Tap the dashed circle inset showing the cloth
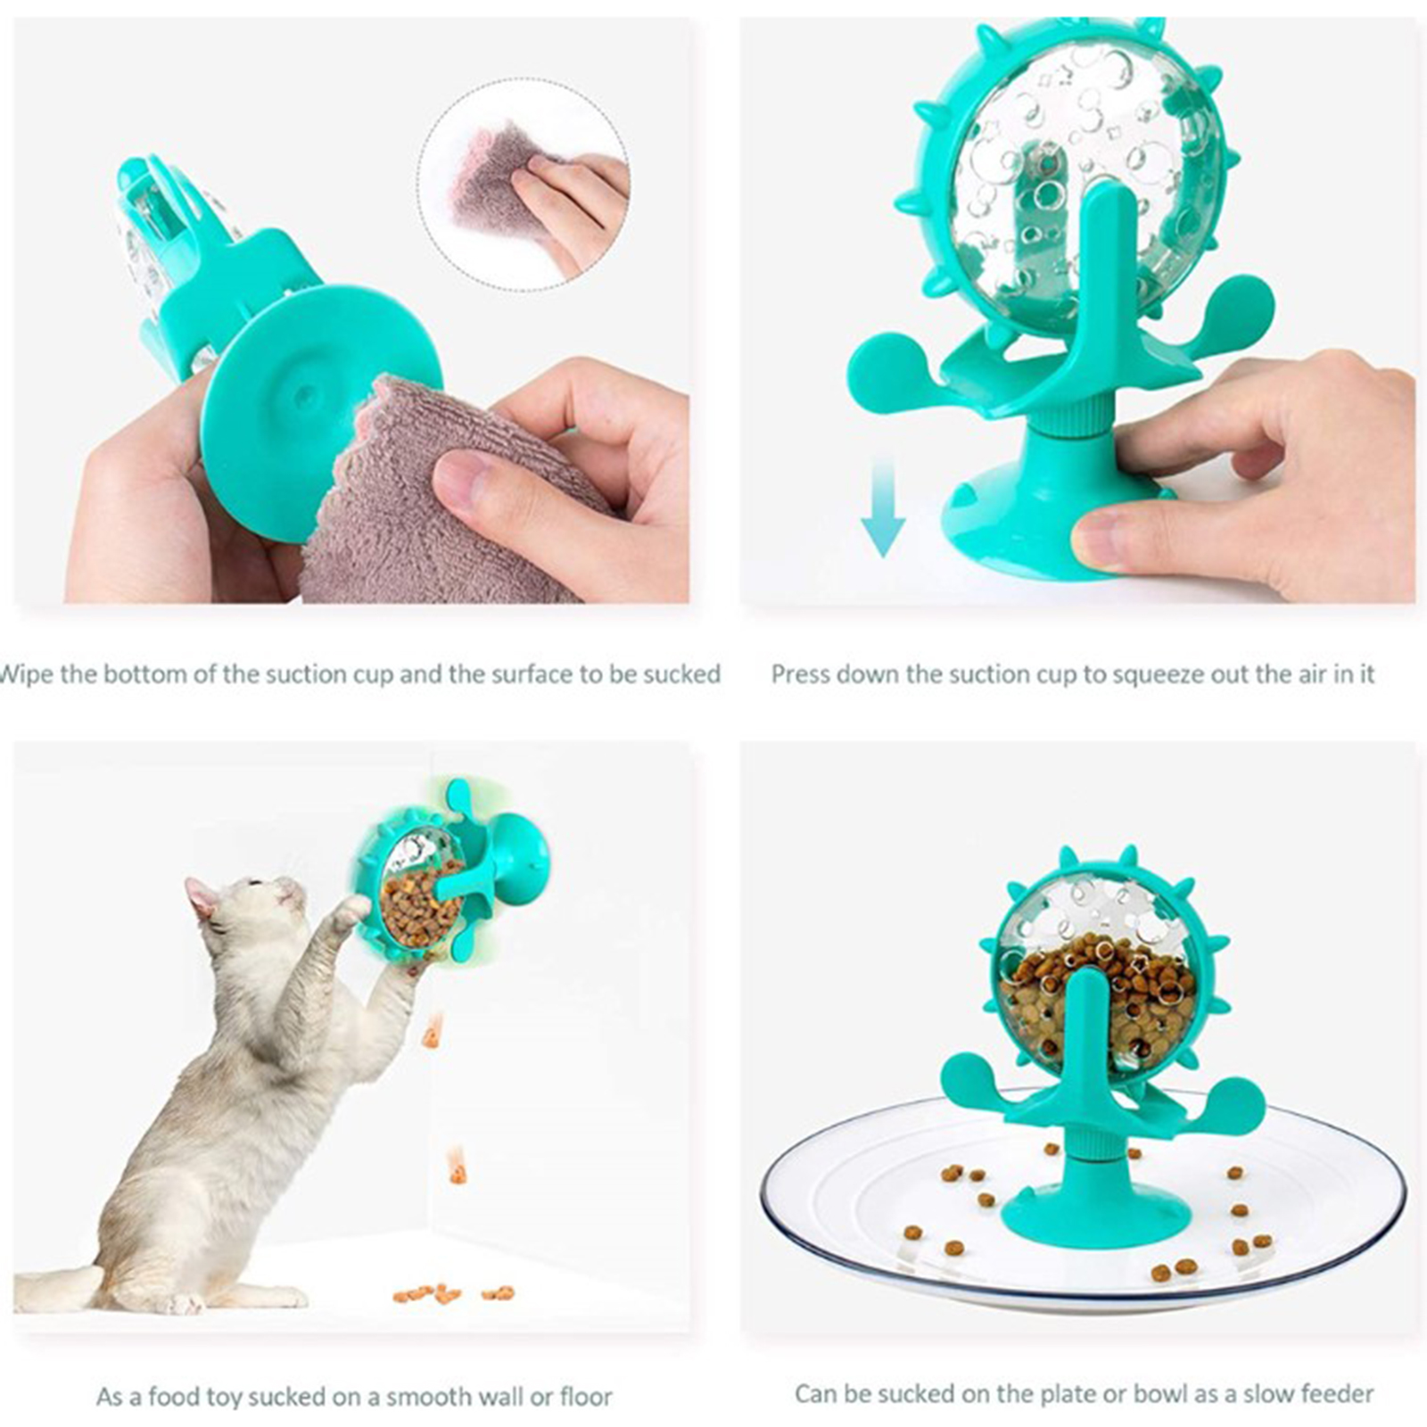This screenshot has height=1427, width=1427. pos(524,184)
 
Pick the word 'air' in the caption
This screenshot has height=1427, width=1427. pos(1320,673)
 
